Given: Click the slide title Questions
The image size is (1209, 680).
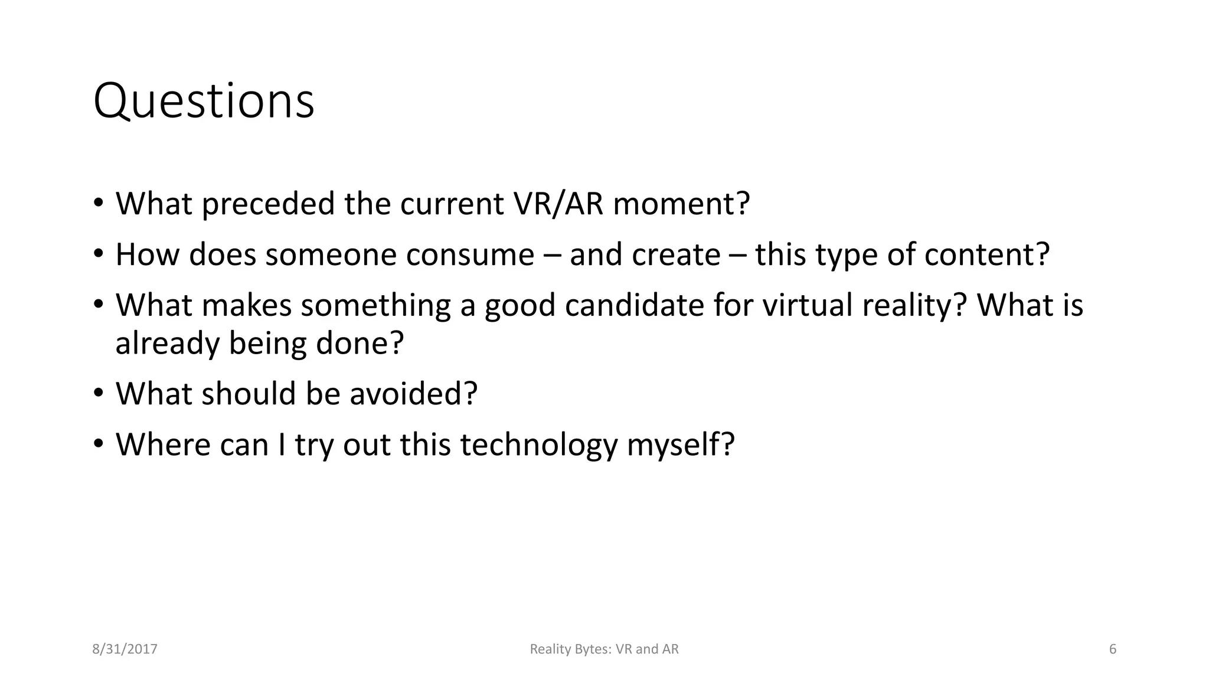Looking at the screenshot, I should (204, 102).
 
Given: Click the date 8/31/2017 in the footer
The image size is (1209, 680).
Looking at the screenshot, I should (125, 649).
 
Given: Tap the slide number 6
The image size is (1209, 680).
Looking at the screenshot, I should (1113, 649).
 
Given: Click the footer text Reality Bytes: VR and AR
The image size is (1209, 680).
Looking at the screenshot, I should (604, 649).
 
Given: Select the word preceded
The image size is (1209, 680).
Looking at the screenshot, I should (269, 204).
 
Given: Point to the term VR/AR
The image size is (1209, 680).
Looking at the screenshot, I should (558, 204).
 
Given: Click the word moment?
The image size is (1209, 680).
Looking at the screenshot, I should (681, 204).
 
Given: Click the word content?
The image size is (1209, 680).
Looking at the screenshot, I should (986, 255).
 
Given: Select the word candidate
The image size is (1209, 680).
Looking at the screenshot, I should (634, 306).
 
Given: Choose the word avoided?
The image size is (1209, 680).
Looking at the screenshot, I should (413, 394).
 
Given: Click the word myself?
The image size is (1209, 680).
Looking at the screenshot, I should (680, 445).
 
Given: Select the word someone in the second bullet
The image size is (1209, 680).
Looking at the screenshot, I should (330, 255).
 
